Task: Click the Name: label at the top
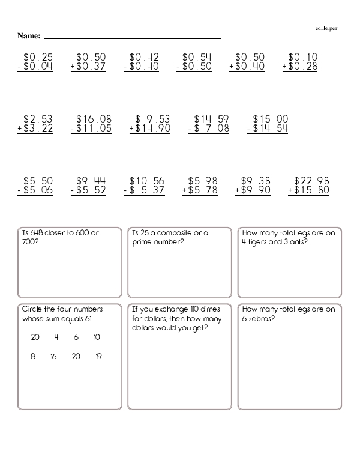coord(28,35)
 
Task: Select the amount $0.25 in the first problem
coord(38,57)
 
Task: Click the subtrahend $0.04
coord(38,67)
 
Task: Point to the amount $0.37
coord(91,67)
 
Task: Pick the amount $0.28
coord(302,67)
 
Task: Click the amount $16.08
coord(95,119)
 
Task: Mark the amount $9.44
coord(91,181)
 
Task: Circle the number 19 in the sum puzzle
coord(98,356)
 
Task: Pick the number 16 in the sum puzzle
coord(53,356)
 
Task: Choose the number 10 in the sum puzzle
coord(97,337)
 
